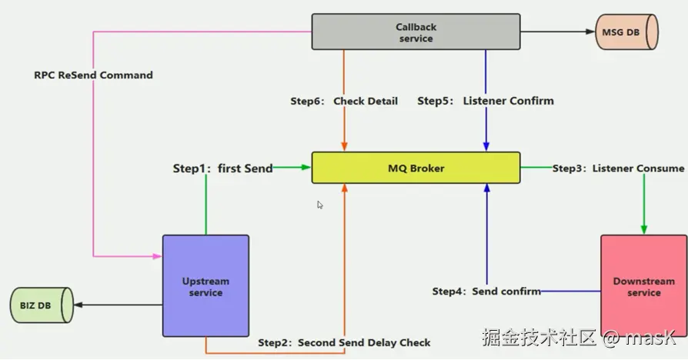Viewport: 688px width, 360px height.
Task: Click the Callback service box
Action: (x=416, y=32)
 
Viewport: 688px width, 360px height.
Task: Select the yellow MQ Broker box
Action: (x=416, y=168)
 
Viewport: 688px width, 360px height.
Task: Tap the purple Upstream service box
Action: (x=205, y=286)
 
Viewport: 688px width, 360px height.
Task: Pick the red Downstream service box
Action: (x=643, y=286)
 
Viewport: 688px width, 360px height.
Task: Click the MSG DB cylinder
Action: (x=626, y=32)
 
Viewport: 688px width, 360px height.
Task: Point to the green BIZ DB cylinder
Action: (x=42, y=305)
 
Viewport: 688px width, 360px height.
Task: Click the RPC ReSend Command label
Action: (x=93, y=75)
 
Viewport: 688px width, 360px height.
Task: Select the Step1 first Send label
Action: (x=223, y=168)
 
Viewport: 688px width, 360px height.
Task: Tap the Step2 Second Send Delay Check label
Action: (x=344, y=342)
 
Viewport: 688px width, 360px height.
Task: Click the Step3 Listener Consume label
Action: (x=618, y=168)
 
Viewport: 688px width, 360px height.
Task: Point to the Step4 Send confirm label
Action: (x=486, y=292)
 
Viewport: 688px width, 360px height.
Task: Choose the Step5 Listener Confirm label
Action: (x=486, y=101)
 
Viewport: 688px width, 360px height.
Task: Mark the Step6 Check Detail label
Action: (x=344, y=101)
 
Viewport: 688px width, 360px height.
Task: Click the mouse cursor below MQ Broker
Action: (x=320, y=205)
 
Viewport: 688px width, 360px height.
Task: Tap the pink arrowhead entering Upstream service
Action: (x=158, y=256)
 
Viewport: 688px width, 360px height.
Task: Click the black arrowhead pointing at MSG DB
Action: (x=590, y=32)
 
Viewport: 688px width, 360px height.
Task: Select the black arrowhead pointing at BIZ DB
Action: (x=78, y=305)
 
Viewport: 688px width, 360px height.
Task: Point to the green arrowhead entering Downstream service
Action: (x=643, y=230)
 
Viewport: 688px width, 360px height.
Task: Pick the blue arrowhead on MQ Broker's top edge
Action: (x=486, y=147)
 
